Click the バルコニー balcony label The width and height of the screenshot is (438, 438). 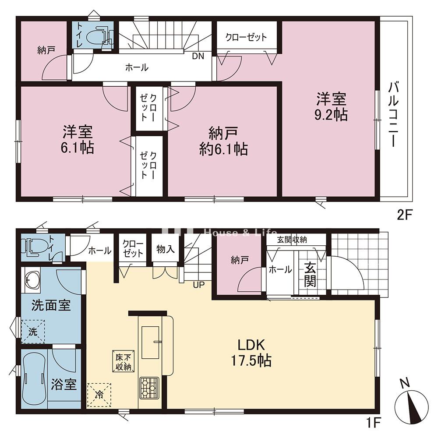tap(393, 114)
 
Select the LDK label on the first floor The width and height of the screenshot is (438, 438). tap(251, 345)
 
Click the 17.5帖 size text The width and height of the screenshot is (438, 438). tap(251, 360)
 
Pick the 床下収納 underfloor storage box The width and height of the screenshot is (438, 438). tap(123, 361)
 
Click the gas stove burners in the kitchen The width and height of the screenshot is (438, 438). tap(149, 388)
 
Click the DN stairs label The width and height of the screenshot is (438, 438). tap(198, 56)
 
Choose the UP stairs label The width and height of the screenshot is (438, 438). tap(199, 285)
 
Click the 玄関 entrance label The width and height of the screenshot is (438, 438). tap(311, 275)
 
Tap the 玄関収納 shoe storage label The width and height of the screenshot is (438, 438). tap(292, 240)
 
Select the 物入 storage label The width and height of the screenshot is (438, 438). tap(166, 249)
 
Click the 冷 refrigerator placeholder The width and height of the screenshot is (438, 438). tap(99, 395)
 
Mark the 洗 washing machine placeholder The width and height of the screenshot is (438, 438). tap(33, 332)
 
